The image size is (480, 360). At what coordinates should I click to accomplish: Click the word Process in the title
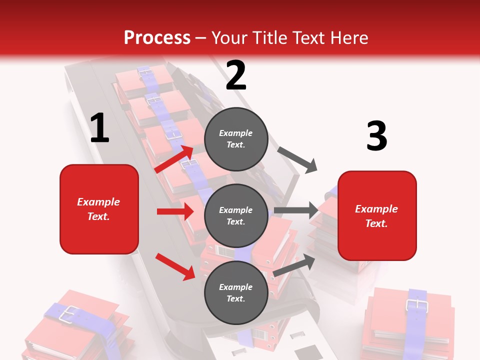coord(157,38)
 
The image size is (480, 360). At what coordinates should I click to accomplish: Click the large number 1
coord(99,128)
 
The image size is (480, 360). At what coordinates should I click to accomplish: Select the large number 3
coord(376,136)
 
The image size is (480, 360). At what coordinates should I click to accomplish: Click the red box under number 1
coord(99,209)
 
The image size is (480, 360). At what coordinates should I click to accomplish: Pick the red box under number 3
coord(377,216)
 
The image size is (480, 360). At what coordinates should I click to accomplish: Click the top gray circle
coord(236,139)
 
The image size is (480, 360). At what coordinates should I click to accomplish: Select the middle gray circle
coord(236,215)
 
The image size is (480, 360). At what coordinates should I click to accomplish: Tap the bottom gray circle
coord(236,292)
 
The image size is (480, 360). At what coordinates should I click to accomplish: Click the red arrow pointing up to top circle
coord(174,159)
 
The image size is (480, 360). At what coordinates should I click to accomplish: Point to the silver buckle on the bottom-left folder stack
coord(68,313)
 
